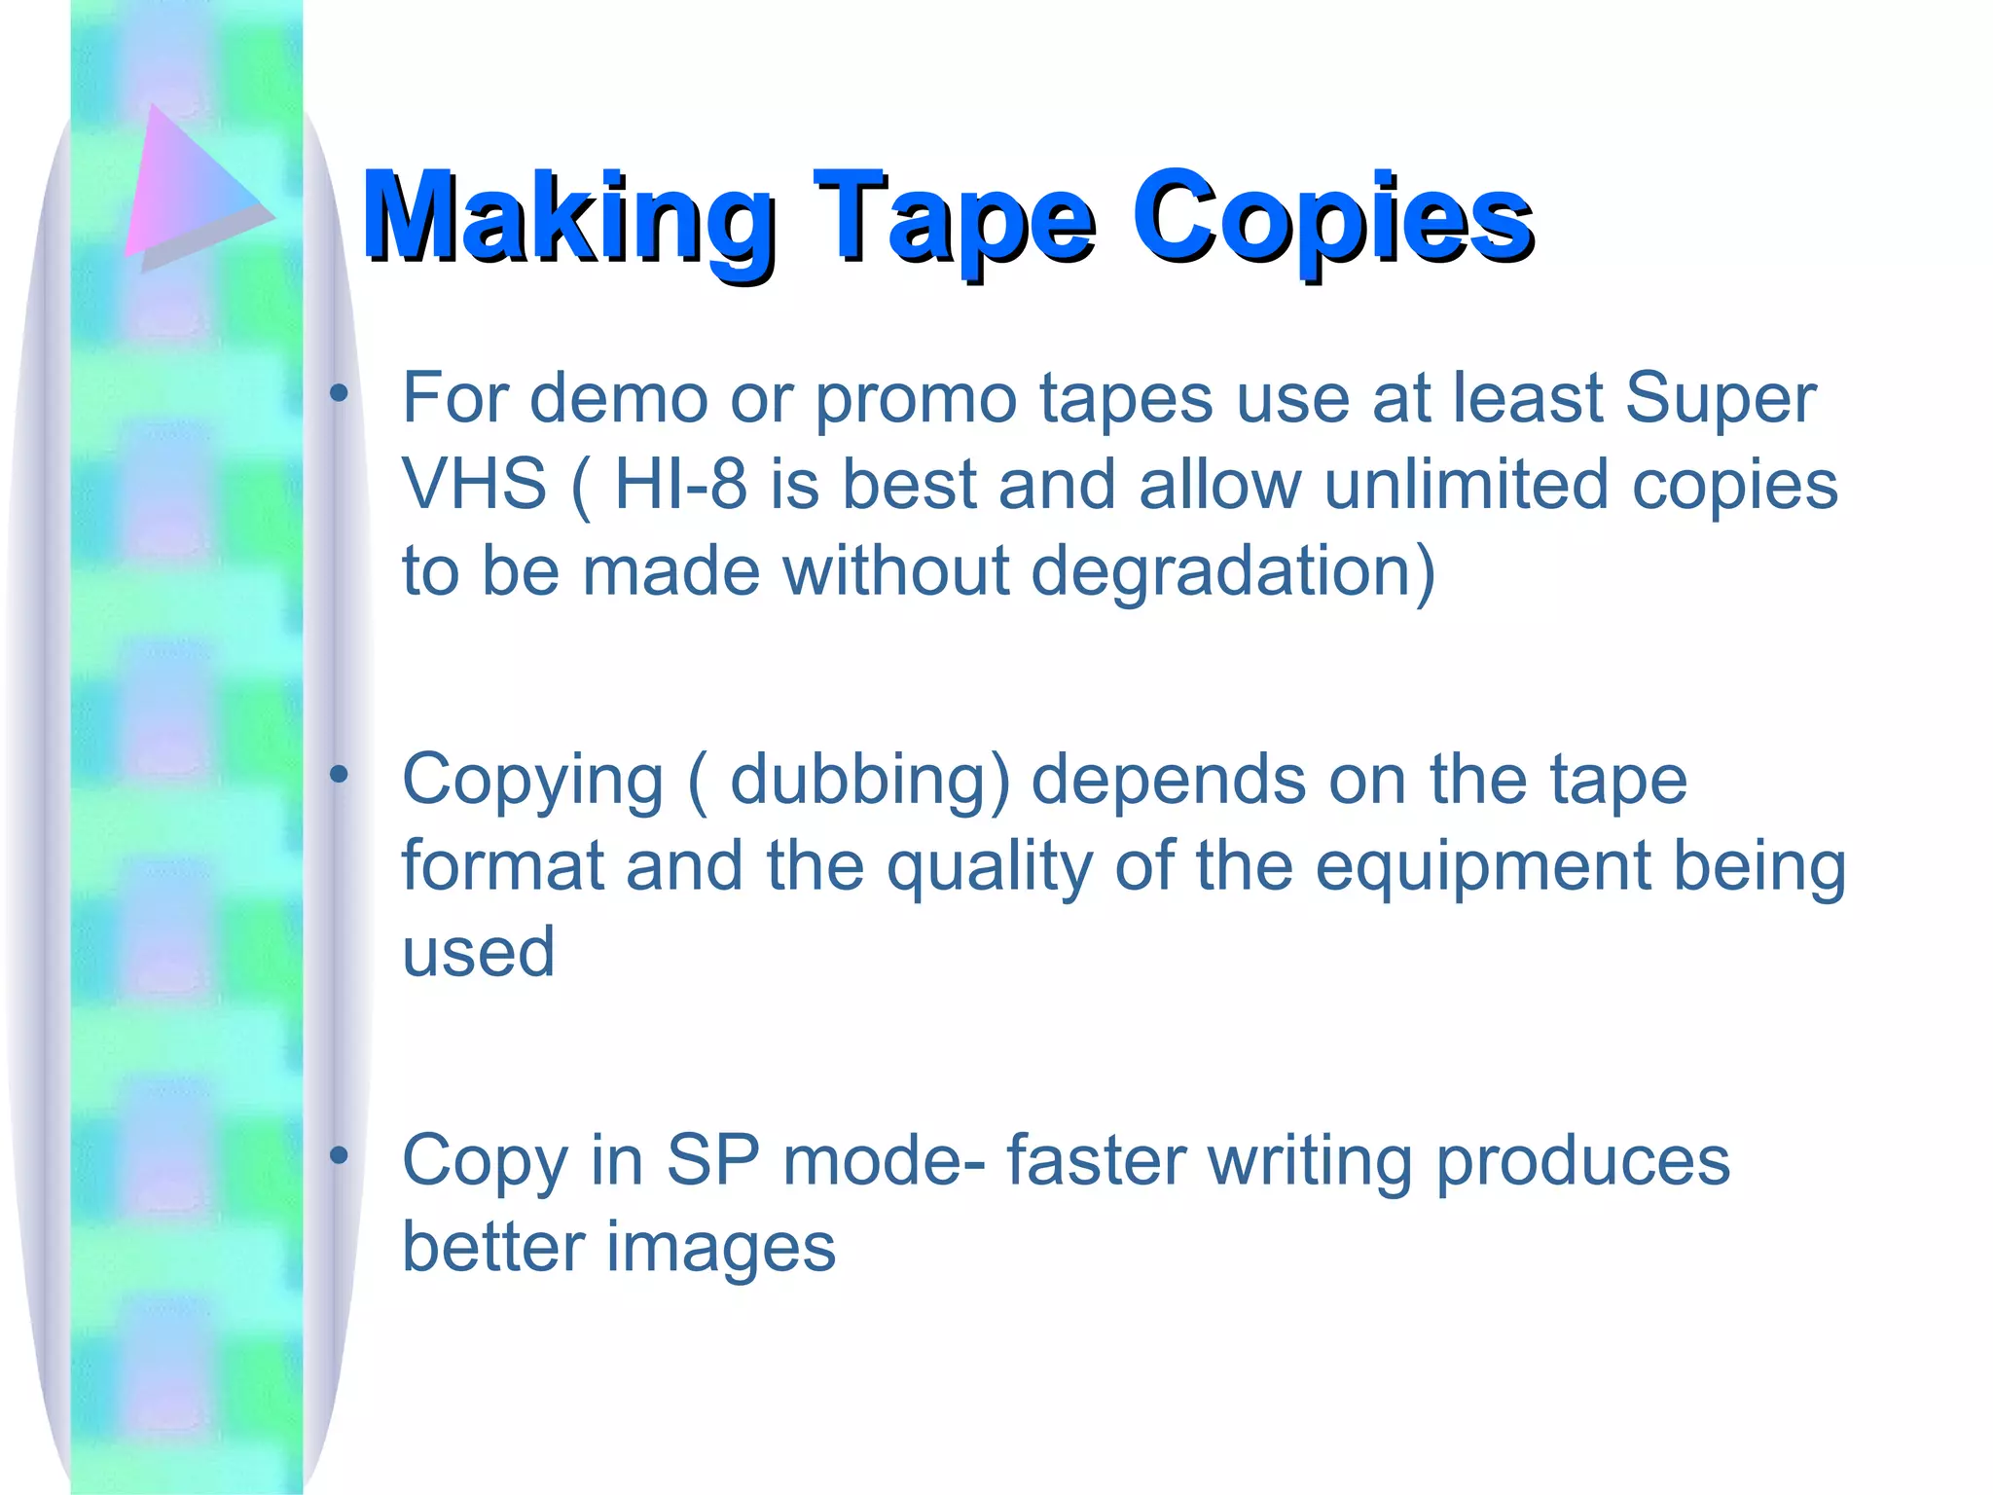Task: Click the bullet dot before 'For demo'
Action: (339, 394)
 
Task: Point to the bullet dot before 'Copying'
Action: (339, 775)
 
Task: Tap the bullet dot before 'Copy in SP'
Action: (339, 1156)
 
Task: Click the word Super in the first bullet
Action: (1720, 398)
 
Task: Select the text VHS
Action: (474, 484)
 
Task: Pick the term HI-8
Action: (680, 484)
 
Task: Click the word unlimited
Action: (1466, 484)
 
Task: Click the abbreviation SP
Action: (712, 1160)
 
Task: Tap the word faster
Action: (1096, 1160)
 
